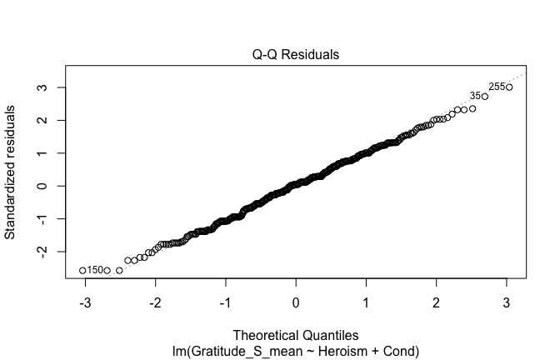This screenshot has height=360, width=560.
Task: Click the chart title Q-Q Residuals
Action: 296,55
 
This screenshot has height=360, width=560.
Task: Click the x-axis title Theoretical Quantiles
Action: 296,337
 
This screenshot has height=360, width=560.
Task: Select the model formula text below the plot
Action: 296,352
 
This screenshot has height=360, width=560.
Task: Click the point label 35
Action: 475,96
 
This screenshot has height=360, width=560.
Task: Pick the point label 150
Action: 94,270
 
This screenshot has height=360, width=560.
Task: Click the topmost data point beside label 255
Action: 509,87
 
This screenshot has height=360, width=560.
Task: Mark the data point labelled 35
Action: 484,97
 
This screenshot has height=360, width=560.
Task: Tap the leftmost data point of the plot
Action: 82,270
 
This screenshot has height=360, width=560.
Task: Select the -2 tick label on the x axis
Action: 153,302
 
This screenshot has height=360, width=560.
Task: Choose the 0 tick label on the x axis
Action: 296,302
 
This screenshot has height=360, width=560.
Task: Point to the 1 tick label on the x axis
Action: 367,302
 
